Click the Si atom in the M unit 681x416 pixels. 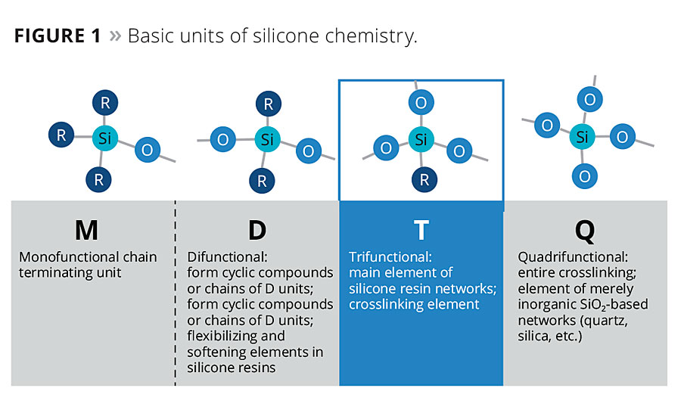click(x=104, y=138)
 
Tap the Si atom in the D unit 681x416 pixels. click(x=267, y=139)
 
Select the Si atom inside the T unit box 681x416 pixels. click(x=421, y=139)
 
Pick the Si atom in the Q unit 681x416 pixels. click(x=582, y=137)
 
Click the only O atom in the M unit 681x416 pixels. click(x=148, y=150)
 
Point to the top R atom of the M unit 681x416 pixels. click(x=105, y=103)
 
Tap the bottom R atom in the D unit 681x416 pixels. click(x=262, y=181)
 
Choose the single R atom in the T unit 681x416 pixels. click(x=424, y=179)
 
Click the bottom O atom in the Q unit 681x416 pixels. click(x=585, y=176)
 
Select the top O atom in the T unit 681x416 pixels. click(x=421, y=102)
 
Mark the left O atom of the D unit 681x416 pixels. click(x=222, y=139)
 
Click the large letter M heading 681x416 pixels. click(x=86, y=230)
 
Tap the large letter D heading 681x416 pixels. click(x=257, y=230)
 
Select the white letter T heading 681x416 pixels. click(x=421, y=230)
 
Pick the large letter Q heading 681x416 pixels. click(x=585, y=231)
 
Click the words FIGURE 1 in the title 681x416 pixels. click(x=58, y=36)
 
